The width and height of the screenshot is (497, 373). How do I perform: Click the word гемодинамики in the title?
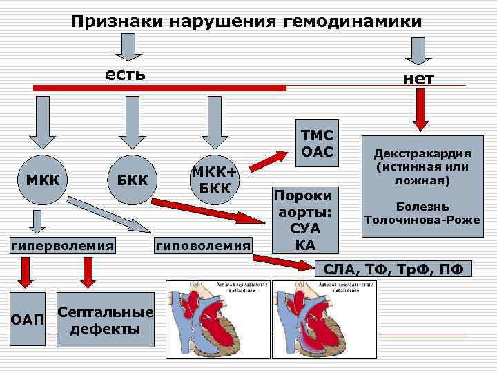[351, 22]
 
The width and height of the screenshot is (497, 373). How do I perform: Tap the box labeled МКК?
[43, 180]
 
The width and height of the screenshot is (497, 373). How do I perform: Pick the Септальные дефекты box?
[104, 321]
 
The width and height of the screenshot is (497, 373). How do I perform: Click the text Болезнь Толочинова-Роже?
[422, 213]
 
